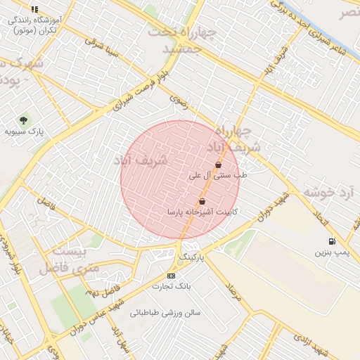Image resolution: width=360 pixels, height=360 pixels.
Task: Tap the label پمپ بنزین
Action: (x=331, y=251)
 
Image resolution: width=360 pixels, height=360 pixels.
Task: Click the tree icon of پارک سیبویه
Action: (x=24, y=121)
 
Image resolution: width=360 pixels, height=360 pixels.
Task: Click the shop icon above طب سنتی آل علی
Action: (x=219, y=165)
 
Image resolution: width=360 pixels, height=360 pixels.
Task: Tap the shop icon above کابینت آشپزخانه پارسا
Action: (x=202, y=201)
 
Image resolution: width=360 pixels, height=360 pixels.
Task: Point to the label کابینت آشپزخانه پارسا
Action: (x=194, y=211)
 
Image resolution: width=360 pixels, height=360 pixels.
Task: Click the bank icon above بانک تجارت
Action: (x=171, y=276)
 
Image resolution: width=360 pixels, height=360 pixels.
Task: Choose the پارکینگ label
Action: (x=194, y=257)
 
